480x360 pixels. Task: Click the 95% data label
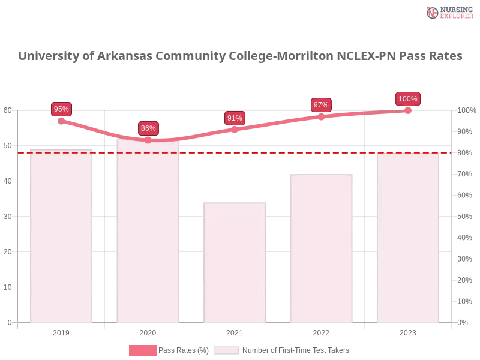pyautogui.click(x=61, y=109)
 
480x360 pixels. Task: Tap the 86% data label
pyautogui.click(x=148, y=128)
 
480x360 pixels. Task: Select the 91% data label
pyautogui.click(x=235, y=118)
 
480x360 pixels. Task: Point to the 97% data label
pyautogui.click(x=321, y=104)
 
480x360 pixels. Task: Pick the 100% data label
pyautogui.click(x=407, y=99)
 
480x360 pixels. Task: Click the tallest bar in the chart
pyautogui.click(x=148, y=234)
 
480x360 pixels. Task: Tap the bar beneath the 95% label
pyautogui.click(x=62, y=237)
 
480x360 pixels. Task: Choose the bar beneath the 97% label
pyautogui.click(x=321, y=249)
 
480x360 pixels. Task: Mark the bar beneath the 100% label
pyautogui.click(x=407, y=238)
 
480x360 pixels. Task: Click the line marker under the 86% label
pyautogui.click(x=148, y=140)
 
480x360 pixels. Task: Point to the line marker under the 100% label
pyautogui.click(x=407, y=111)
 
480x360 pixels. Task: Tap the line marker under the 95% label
pyautogui.click(x=62, y=121)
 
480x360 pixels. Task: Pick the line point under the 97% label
pyautogui.click(x=321, y=116)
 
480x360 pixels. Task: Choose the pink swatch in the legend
pyautogui.click(x=143, y=350)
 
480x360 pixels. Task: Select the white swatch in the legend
pyautogui.click(x=227, y=350)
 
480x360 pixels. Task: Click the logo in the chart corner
pyautogui.click(x=448, y=13)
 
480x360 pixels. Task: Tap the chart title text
pyautogui.click(x=240, y=56)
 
